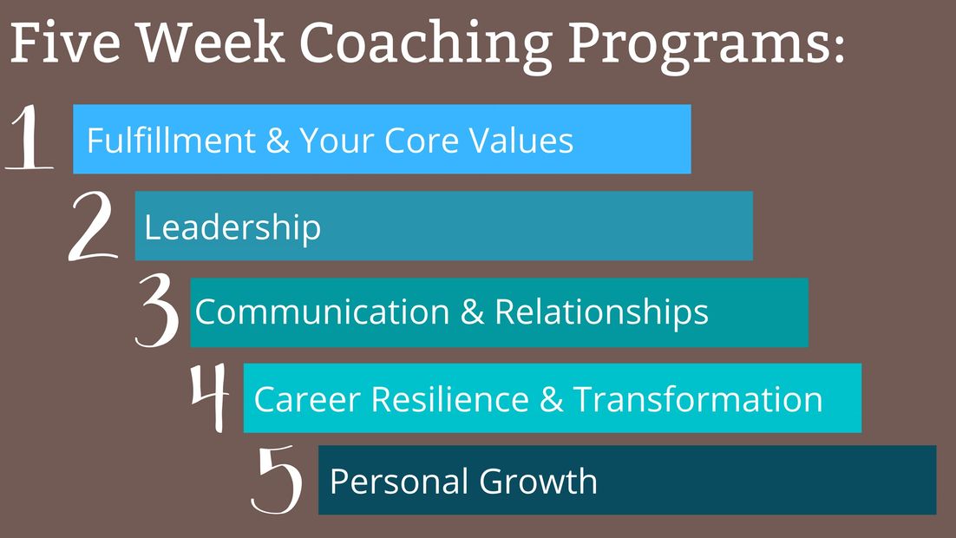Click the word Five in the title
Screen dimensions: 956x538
(x=66, y=43)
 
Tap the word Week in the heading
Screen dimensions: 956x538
(x=210, y=43)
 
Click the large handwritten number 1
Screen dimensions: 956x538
(x=28, y=136)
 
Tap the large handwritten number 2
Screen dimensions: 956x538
(x=93, y=226)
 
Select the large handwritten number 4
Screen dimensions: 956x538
(x=210, y=397)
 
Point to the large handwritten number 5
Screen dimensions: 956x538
(x=278, y=480)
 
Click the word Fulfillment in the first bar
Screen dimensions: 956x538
(x=171, y=141)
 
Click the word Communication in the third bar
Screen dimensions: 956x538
(x=323, y=312)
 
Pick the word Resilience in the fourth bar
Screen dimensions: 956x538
(x=450, y=399)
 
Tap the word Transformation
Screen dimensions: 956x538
(x=698, y=399)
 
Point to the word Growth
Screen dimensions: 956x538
(x=538, y=481)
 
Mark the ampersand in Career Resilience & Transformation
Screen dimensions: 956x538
(x=551, y=399)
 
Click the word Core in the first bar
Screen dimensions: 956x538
(x=421, y=141)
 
